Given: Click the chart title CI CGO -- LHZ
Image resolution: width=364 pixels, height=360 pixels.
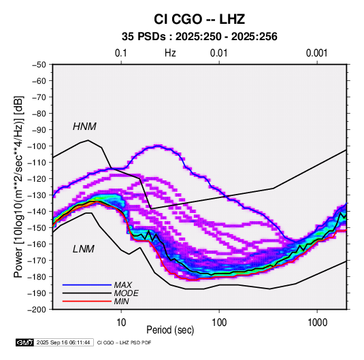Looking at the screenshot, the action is (199, 19).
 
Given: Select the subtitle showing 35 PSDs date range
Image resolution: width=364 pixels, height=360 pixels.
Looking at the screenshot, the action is (199, 37).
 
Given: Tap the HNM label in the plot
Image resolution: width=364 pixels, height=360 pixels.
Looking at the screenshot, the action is (84, 127).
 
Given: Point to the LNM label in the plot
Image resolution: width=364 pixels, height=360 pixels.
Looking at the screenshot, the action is (84, 249).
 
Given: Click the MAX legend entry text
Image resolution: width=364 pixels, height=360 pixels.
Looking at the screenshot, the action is (122, 285).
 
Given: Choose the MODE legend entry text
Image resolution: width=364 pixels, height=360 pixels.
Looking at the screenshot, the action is (127, 293).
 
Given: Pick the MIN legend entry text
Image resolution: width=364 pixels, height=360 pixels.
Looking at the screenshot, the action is (121, 301).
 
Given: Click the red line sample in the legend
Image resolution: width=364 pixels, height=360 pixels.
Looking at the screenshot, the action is (87, 301).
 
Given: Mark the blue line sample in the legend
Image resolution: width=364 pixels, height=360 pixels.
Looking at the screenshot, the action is (87, 285).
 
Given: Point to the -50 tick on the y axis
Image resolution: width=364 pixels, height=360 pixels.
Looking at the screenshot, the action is (39, 65).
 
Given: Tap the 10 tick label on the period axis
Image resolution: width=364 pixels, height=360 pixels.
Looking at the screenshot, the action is (121, 323).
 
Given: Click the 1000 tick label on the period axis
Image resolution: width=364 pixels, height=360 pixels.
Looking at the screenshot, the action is (317, 323).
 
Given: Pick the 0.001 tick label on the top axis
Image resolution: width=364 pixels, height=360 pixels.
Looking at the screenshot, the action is (316, 53).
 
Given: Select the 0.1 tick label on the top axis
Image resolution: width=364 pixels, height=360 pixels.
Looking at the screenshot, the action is (121, 53).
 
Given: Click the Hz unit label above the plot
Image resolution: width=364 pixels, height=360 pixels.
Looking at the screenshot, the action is (170, 53).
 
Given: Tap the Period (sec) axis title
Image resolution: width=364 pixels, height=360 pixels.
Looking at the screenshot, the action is (170, 330).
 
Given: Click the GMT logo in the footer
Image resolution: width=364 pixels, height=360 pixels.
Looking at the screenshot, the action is (24, 342).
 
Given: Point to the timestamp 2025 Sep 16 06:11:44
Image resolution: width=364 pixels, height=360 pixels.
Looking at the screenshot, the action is (63, 342).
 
